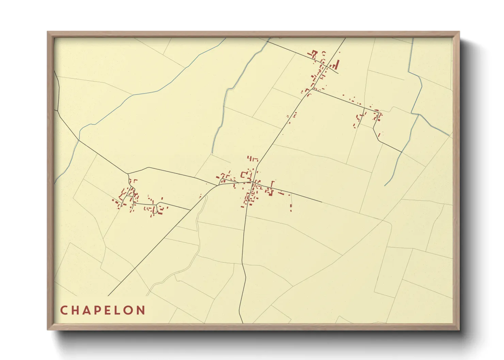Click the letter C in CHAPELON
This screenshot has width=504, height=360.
coord(64,310)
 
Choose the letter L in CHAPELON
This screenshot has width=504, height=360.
coord(118,310)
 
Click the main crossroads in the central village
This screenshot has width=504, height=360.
coord(253,183)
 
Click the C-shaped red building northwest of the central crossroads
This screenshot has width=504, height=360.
coord(243,175)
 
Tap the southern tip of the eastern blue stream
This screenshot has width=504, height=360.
coord(385,186)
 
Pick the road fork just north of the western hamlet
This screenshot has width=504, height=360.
coord(128,174)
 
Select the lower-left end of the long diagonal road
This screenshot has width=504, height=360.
coord(108,296)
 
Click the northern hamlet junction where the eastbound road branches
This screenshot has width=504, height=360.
coord(313,89)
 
